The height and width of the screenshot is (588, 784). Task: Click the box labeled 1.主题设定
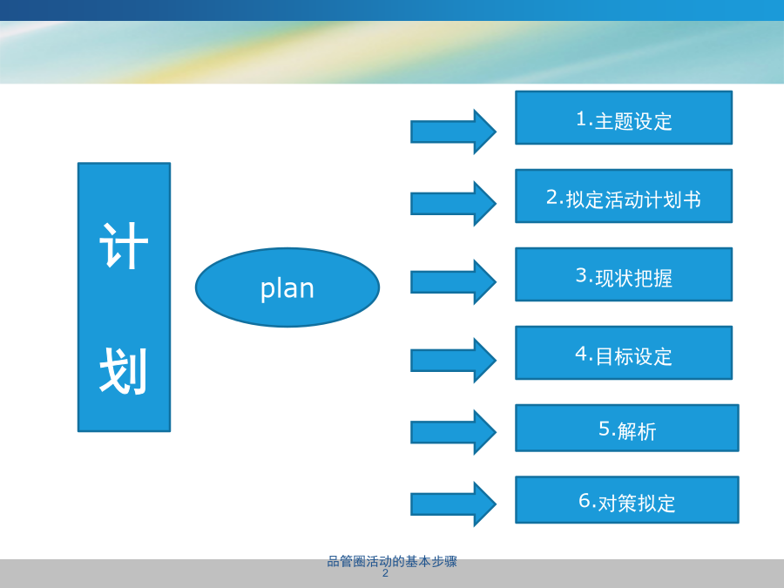click(624, 118)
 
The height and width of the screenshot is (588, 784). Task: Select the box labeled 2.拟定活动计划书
click(624, 196)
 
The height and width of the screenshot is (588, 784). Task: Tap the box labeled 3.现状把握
click(624, 274)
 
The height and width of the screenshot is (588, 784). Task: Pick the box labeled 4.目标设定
click(624, 353)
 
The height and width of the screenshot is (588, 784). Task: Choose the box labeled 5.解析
click(627, 428)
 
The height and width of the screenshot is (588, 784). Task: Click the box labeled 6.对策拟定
click(627, 500)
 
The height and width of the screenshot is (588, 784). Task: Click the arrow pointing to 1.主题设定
click(453, 132)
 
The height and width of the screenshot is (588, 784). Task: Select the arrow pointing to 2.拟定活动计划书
click(453, 204)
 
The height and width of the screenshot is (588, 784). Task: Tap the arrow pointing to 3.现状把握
click(453, 282)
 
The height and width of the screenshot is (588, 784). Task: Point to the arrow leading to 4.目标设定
click(453, 361)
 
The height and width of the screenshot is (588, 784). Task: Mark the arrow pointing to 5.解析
click(453, 432)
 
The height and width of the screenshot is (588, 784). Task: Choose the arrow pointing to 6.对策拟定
click(453, 504)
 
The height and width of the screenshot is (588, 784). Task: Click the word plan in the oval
click(287, 289)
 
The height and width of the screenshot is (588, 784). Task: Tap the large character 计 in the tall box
click(124, 246)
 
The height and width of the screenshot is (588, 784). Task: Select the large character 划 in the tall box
click(124, 371)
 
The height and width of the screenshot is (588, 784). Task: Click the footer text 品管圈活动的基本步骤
click(392, 562)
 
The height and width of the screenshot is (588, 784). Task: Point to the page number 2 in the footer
click(385, 573)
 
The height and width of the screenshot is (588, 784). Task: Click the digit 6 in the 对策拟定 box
click(585, 500)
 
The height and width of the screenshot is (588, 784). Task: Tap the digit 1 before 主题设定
click(581, 118)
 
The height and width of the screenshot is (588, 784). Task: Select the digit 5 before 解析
click(605, 428)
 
